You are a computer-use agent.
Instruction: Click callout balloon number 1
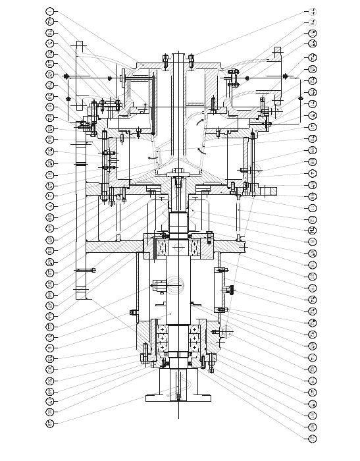(50, 11)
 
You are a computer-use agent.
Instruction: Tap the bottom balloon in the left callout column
(50, 423)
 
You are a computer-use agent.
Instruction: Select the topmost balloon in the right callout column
(313, 11)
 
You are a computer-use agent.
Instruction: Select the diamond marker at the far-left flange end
(66, 78)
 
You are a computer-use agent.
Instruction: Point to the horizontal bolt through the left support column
(86, 269)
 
